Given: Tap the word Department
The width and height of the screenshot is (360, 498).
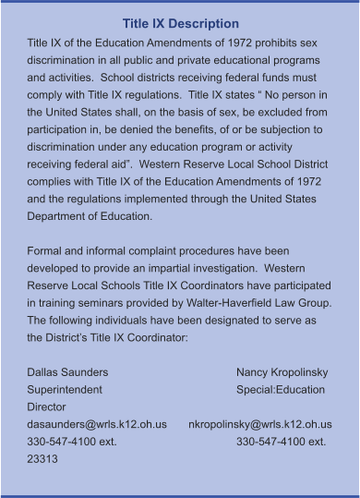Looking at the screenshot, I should point(61,216).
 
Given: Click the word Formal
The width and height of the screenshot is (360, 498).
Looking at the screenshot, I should point(47,251).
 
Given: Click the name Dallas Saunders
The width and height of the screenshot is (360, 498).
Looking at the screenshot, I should point(67,372).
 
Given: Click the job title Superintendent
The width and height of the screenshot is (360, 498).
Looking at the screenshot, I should point(66,390).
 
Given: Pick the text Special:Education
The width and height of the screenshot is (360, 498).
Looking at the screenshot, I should point(281,390).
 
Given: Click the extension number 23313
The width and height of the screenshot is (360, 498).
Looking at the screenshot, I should point(42,459).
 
